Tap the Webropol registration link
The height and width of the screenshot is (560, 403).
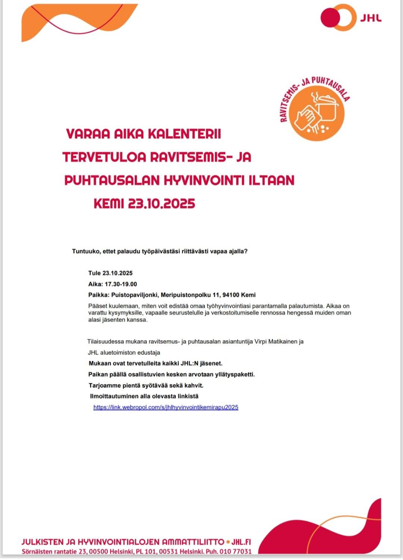click(166, 407)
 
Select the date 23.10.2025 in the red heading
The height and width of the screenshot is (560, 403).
click(161, 204)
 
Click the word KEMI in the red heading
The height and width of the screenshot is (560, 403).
click(108, 204)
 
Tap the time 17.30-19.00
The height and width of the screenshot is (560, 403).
click(121, 284)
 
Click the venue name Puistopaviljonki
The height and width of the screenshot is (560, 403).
click(135, 295)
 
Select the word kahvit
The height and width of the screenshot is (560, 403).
click(194, 385)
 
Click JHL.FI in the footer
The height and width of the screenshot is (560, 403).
click(241, 542)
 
